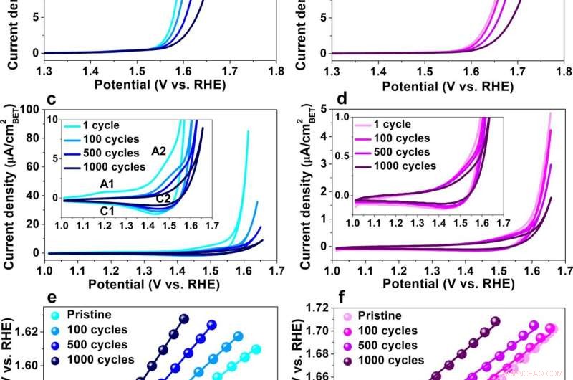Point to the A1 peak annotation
click(107, 184)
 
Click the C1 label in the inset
click(107, 210)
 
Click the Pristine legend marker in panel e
click(54, 315)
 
